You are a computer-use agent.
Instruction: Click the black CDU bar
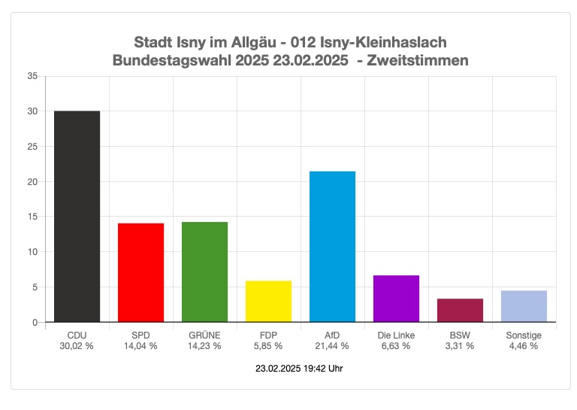point(77,217)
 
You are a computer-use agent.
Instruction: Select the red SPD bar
point(140,272)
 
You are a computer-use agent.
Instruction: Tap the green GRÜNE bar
point(204,272)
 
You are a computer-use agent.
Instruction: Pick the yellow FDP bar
point(268,302)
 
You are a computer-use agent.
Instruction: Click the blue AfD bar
point(332,247)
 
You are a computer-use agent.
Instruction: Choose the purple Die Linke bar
point(396,299)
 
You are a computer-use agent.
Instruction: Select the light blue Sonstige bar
point(524,306)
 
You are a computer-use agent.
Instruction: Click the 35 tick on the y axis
point(32,76)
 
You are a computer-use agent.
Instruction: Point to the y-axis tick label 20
point(32,181)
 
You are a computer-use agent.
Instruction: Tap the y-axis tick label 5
point(34,287)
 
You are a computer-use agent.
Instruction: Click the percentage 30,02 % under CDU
point(77,346)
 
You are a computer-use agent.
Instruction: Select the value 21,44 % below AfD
point(332,346)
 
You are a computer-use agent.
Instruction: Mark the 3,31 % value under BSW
point(460,346)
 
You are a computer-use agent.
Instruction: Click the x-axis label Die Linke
point(396,336)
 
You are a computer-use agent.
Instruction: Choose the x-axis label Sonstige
point(524,336)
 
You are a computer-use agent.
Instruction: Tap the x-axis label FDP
point(268,336)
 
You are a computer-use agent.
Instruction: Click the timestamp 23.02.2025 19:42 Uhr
point(300,369)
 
